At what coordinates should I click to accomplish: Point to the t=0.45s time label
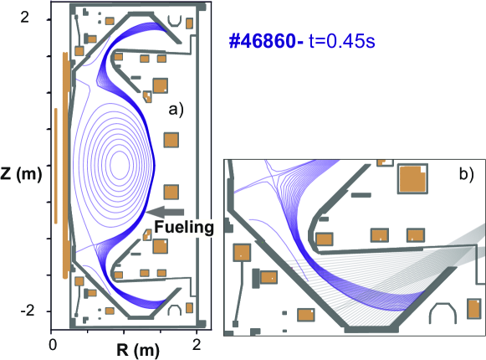[x=342, y=41]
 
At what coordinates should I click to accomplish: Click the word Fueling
[x=184, y=227]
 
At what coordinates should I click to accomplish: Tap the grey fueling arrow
[x=165, y=212]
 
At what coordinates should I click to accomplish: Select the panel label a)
[x=176, y=110]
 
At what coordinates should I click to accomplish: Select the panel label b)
[x=467, y=174]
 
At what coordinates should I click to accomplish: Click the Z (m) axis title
[x=21, y=174]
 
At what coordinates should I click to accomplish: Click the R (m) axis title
[x=138, y=350]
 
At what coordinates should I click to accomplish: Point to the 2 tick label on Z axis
[x=24, y=18]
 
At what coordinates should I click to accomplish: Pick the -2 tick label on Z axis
[x=27, y=311]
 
